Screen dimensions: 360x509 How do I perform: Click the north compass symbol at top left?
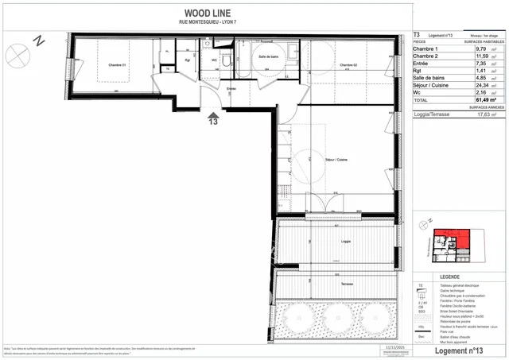(x=17, y=54)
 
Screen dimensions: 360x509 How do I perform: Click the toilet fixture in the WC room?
(x=227, y=60)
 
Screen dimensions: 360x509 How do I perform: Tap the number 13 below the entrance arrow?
(x=212, y=122)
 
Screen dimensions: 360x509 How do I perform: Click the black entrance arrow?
(x=212, y=113)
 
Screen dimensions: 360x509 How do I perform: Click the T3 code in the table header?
(x=418, y=35)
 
